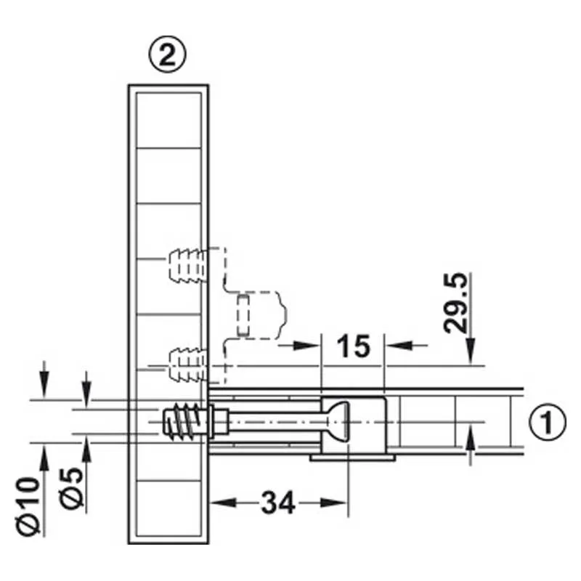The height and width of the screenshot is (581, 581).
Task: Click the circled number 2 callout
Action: tap(167, 55)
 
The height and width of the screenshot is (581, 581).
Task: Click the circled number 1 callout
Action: tap(547, 422)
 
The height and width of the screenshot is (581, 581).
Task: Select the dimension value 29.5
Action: tap(456, 303)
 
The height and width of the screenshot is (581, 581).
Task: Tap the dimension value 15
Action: tap(353, 346)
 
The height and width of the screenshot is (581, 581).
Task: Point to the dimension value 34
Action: tap(278, 503)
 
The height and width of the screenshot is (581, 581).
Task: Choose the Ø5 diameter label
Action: tap(72, 488)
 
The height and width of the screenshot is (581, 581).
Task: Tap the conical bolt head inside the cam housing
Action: tap(337, 422)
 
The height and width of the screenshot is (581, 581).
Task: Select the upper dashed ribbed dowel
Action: tap(186, 266)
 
